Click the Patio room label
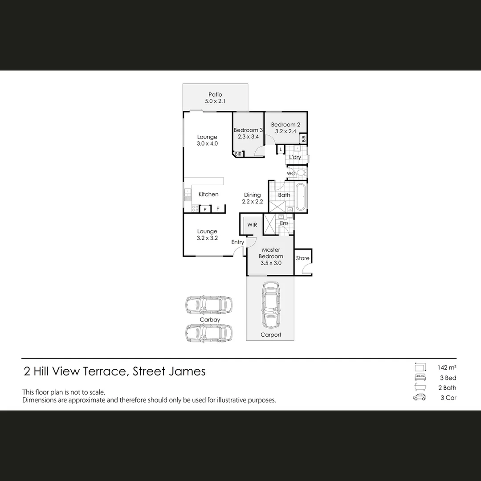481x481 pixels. [x=216, y=94]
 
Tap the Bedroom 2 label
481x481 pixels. [x=285, y=125]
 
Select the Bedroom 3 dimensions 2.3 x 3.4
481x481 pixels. [x=249, y=137]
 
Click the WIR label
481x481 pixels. [x=252, y=225]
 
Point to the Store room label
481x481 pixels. [x=302, y=258]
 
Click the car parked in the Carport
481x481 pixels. [x=270, y=305]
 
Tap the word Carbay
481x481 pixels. [x=209, y=320]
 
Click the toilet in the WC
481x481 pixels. [x=302, y=173]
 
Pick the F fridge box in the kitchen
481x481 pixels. [x=218, y=209]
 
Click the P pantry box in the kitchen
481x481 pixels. [x=205, y=209]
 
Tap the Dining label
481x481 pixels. [x=253, y=195]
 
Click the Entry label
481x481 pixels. [x=237, y=242]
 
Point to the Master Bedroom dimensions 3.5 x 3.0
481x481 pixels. [x=271, y=263]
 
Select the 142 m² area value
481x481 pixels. [x=447, y=368]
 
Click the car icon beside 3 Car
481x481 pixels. [x=420, y=397]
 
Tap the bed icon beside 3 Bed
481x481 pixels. [x=420, y=378]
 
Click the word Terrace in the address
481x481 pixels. [x=106, y=371]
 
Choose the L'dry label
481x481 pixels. [x=295, y=157]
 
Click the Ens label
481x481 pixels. [x=284, y=223]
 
